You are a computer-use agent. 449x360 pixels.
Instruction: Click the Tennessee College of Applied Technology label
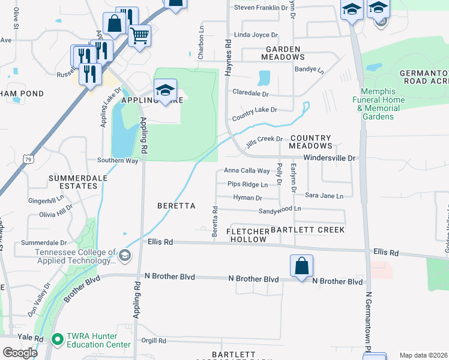pos(75,257)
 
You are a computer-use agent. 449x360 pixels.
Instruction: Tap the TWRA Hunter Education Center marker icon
pos(58,340)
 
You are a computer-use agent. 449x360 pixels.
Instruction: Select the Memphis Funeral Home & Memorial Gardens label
pos(378,104)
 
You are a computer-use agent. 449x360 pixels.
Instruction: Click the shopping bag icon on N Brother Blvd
pos(301,266)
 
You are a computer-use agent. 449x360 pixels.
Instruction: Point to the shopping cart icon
pos(139,36)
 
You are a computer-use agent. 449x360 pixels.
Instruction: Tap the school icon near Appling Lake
pos(165,90)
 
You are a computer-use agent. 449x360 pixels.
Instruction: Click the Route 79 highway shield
pos(28,158)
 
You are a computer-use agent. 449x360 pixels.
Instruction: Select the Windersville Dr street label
pos(330,158)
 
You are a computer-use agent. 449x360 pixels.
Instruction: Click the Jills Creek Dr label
pos(264,139)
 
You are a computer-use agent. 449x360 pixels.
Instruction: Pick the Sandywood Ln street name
pos(280,211)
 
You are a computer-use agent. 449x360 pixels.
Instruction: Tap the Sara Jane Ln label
pos(324,196)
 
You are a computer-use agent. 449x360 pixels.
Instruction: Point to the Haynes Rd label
pos(228,58)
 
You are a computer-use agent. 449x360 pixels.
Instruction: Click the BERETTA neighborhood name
pos(176,206)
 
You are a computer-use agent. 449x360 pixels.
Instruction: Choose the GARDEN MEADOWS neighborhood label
pos(283,53)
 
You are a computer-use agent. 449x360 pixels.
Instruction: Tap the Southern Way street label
pos(118,161)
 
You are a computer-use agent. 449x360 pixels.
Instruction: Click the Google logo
pos(20,353)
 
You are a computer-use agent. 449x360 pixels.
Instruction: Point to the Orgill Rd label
pos(154,341)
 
